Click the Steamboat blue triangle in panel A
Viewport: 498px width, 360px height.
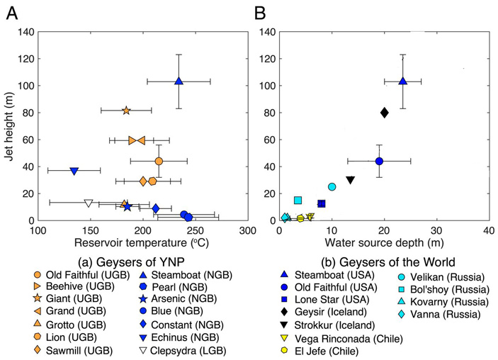click(x=179, y=81)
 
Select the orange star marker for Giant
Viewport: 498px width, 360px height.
click(x=126, y=111)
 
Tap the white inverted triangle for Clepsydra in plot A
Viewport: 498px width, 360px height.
click(x=89, y=203)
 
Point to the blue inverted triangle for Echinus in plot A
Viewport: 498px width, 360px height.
click(x=74, y=171)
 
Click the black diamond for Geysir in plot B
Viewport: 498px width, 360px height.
click(x=384, y=113)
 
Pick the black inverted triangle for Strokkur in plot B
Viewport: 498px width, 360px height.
click(x=350, y=180)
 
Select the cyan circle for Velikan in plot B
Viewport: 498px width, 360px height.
click(x=332, y=187)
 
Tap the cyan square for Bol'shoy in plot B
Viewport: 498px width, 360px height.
click(x=298, y=201)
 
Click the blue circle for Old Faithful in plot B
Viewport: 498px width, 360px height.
click(x=379, y=161)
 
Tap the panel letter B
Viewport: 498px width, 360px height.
click(x=260, y=13)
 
